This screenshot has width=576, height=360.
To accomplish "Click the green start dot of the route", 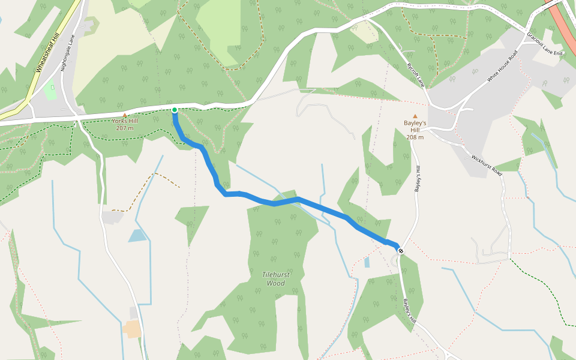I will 174,110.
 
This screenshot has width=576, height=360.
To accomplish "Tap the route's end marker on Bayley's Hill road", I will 400,251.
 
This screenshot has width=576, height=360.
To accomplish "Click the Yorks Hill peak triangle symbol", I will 125,115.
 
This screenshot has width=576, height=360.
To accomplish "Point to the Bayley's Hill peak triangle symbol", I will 415,116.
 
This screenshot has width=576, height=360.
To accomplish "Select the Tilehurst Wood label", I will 276,279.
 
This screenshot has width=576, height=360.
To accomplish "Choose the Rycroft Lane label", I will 416,74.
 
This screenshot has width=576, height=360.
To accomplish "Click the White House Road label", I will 502,69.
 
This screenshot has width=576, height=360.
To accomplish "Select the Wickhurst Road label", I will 486,165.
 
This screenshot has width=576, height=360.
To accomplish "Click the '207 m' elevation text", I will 125,128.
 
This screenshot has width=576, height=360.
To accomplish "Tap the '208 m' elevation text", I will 415,137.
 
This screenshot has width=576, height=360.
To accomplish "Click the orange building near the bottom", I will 132,328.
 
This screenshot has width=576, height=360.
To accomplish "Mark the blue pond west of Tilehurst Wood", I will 137,235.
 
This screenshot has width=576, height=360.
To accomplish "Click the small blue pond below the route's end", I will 367,262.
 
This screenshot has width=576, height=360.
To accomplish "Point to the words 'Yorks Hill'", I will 125,121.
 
